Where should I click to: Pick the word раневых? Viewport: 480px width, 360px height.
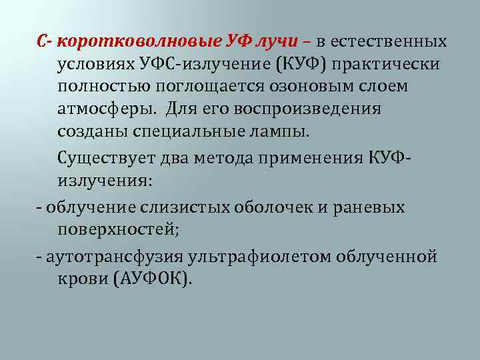(373, 207)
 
